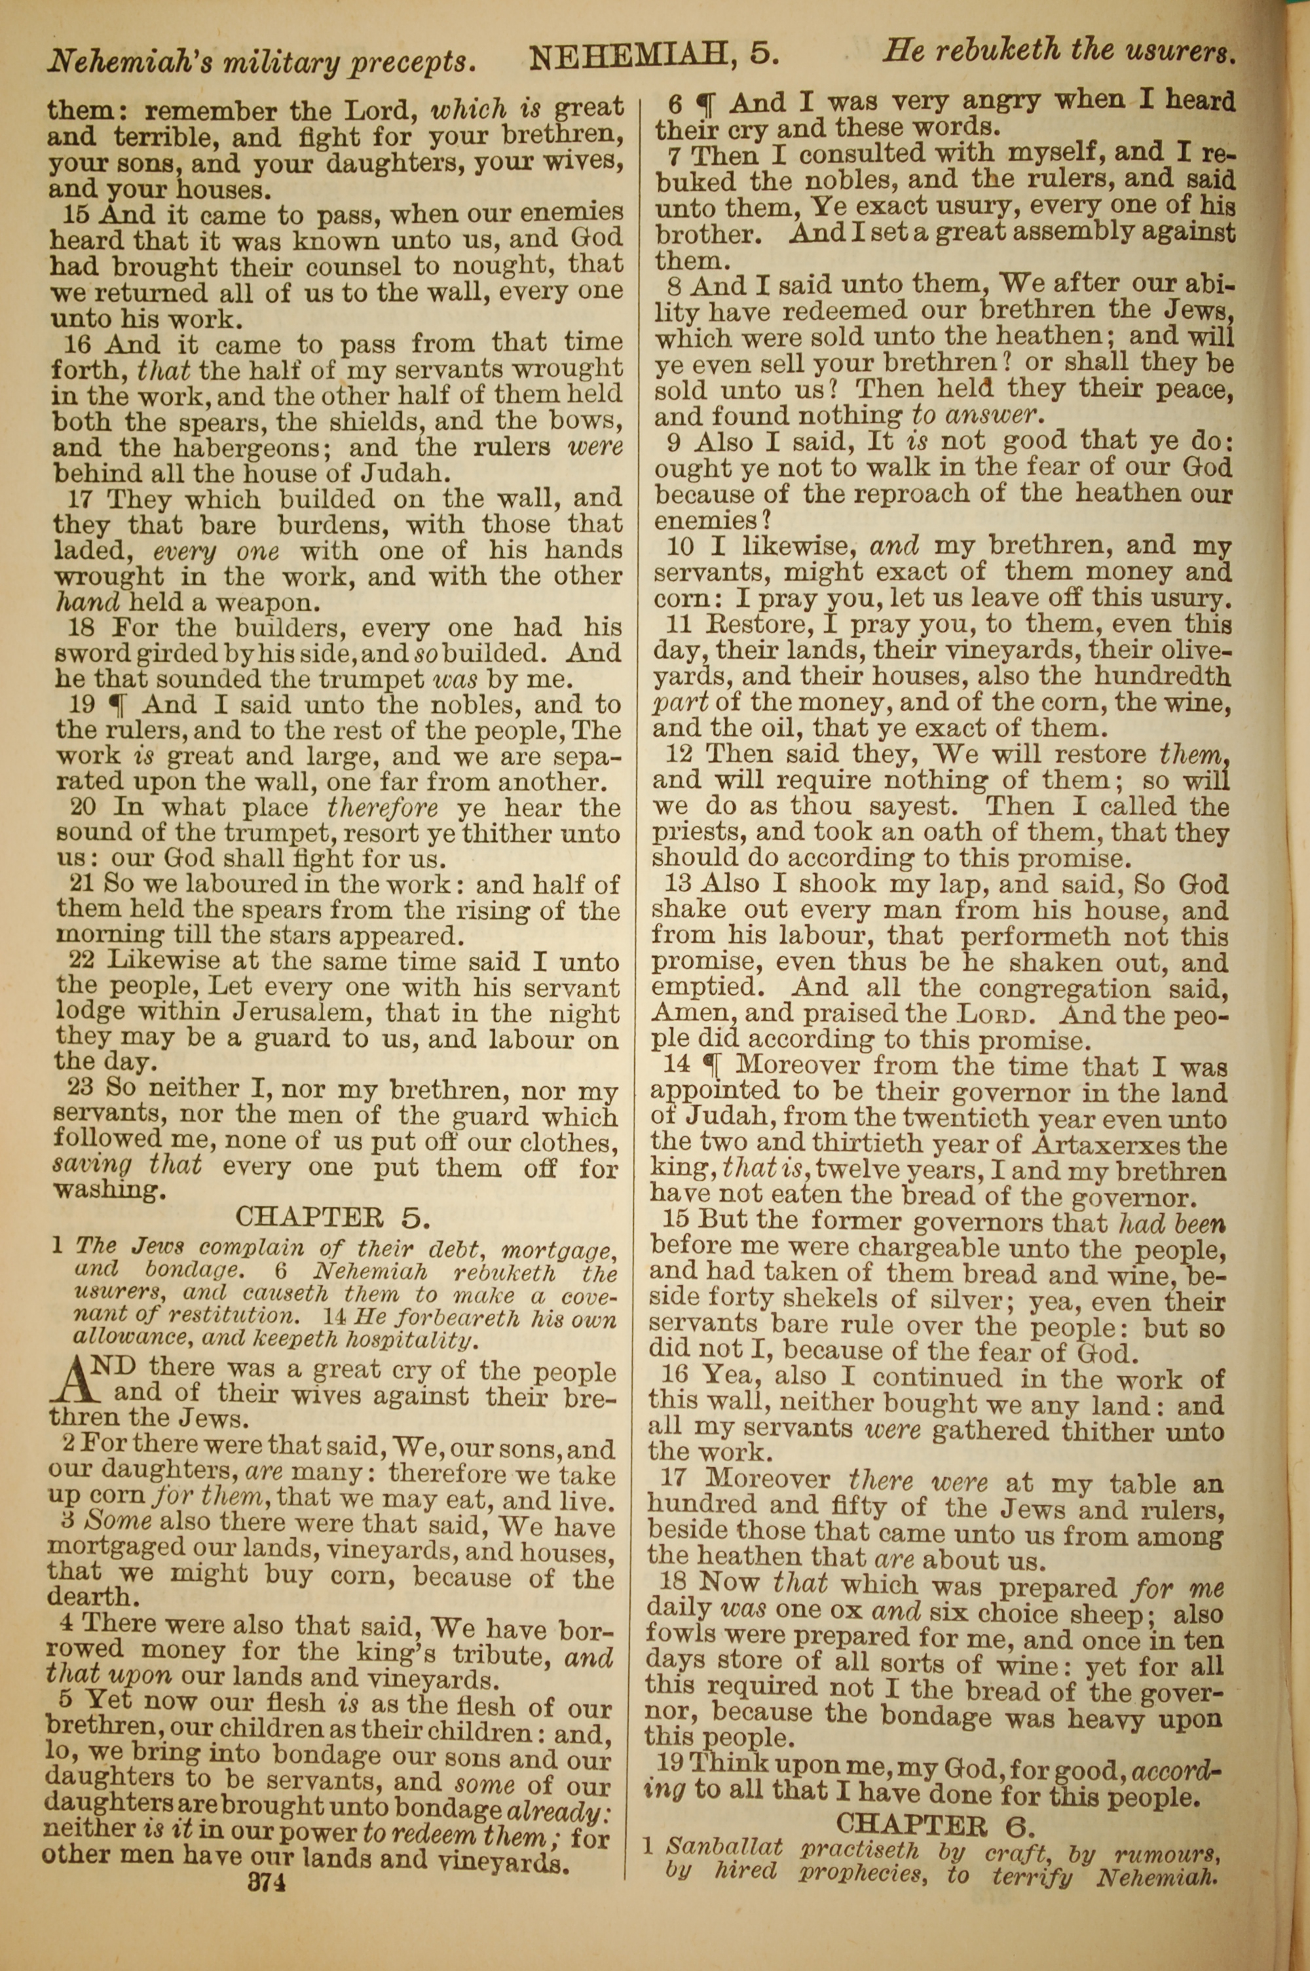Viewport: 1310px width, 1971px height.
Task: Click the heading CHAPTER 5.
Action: [333, 1217]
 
